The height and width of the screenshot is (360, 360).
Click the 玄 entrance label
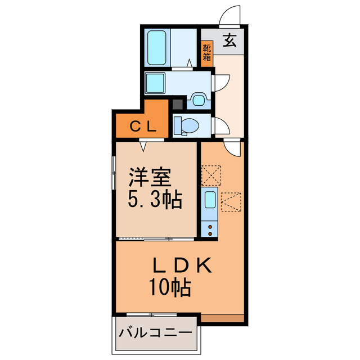229,40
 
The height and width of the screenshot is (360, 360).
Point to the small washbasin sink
198,101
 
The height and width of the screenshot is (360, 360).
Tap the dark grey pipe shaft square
177,104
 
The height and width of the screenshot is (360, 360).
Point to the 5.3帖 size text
154,200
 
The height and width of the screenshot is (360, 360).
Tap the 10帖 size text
170,288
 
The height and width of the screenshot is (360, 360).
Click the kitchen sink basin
209,200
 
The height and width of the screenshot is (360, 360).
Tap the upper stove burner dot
210,226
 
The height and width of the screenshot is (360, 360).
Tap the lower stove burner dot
210,232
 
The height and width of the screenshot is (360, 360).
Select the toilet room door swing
221,126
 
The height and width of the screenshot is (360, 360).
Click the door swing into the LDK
232,147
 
